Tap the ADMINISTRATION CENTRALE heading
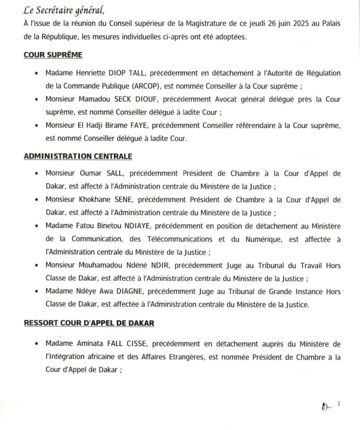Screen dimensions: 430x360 [78, 156]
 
